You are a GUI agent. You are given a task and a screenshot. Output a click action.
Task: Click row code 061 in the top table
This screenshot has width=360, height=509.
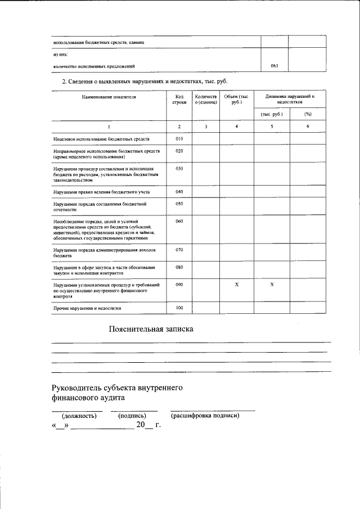pos(274,66)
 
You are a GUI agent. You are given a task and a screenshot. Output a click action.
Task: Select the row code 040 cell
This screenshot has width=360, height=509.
pos(179,192)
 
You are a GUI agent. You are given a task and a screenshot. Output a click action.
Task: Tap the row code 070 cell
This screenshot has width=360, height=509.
pos(179,249)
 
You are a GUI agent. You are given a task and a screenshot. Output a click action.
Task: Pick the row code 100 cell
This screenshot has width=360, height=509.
pos(179,308)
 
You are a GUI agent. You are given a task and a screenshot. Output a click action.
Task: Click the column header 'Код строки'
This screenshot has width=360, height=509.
pos(179,100)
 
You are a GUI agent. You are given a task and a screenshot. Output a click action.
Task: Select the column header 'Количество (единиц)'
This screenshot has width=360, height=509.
pos(205,100)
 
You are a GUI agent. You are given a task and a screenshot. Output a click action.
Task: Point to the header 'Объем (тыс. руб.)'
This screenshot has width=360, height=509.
pos(236,100)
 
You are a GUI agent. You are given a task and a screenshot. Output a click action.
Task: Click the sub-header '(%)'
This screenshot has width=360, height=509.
pos(308,114)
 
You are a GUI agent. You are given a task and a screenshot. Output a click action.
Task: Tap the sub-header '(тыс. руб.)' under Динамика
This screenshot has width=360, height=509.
pos(272,114)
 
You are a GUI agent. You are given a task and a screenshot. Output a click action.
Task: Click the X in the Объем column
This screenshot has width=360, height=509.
pos(236,285)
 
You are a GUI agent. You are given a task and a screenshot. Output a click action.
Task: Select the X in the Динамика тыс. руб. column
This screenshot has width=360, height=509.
pos(272,285)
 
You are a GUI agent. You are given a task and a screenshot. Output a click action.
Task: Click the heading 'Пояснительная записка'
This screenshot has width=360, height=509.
pos(151,329)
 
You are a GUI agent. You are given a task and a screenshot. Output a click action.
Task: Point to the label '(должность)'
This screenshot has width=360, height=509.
pos(79,416)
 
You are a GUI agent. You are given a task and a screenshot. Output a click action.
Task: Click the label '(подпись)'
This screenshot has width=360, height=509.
pos(132,416)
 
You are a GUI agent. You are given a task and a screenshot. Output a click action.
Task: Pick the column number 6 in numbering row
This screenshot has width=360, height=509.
pos(308,127)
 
